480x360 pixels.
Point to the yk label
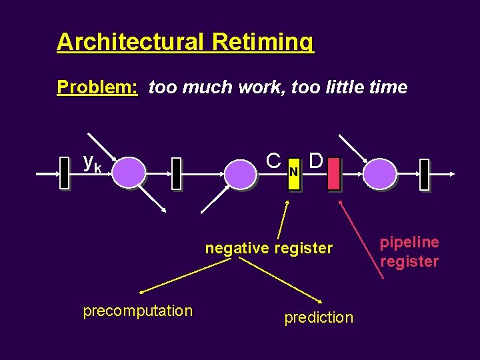92,162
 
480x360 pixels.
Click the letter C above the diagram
273,161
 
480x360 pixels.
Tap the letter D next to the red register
317,161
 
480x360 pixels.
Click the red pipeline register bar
334,173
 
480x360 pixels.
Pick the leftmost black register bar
65,173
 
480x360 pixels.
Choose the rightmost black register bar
424,174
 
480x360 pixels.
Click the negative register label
269,249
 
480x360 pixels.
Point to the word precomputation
138,311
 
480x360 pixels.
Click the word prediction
319,317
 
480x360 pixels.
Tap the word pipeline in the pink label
409,242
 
